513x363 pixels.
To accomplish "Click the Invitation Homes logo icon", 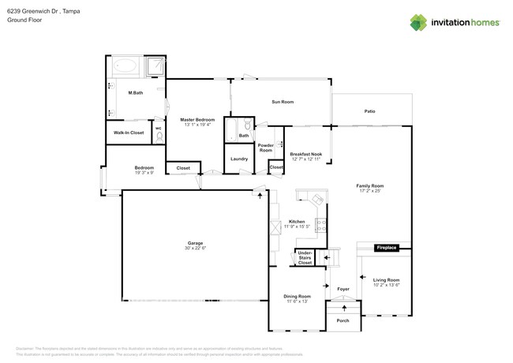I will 418,22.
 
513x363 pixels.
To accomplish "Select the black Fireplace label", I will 386,249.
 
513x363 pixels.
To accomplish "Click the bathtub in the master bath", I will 125,65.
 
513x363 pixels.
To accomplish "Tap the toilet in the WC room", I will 159,136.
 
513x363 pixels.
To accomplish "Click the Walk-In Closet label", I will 128,133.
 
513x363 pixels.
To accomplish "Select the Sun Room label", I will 283,102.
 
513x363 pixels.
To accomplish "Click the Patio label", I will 369,111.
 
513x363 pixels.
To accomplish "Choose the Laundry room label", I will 239,159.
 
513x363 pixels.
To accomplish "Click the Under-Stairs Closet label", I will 305,257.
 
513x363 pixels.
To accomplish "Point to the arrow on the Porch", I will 343,309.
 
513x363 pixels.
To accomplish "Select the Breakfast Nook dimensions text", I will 305,159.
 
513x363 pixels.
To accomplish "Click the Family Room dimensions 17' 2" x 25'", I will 369,189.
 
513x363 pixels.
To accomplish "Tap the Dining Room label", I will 297,296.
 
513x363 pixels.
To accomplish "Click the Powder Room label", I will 266,148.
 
